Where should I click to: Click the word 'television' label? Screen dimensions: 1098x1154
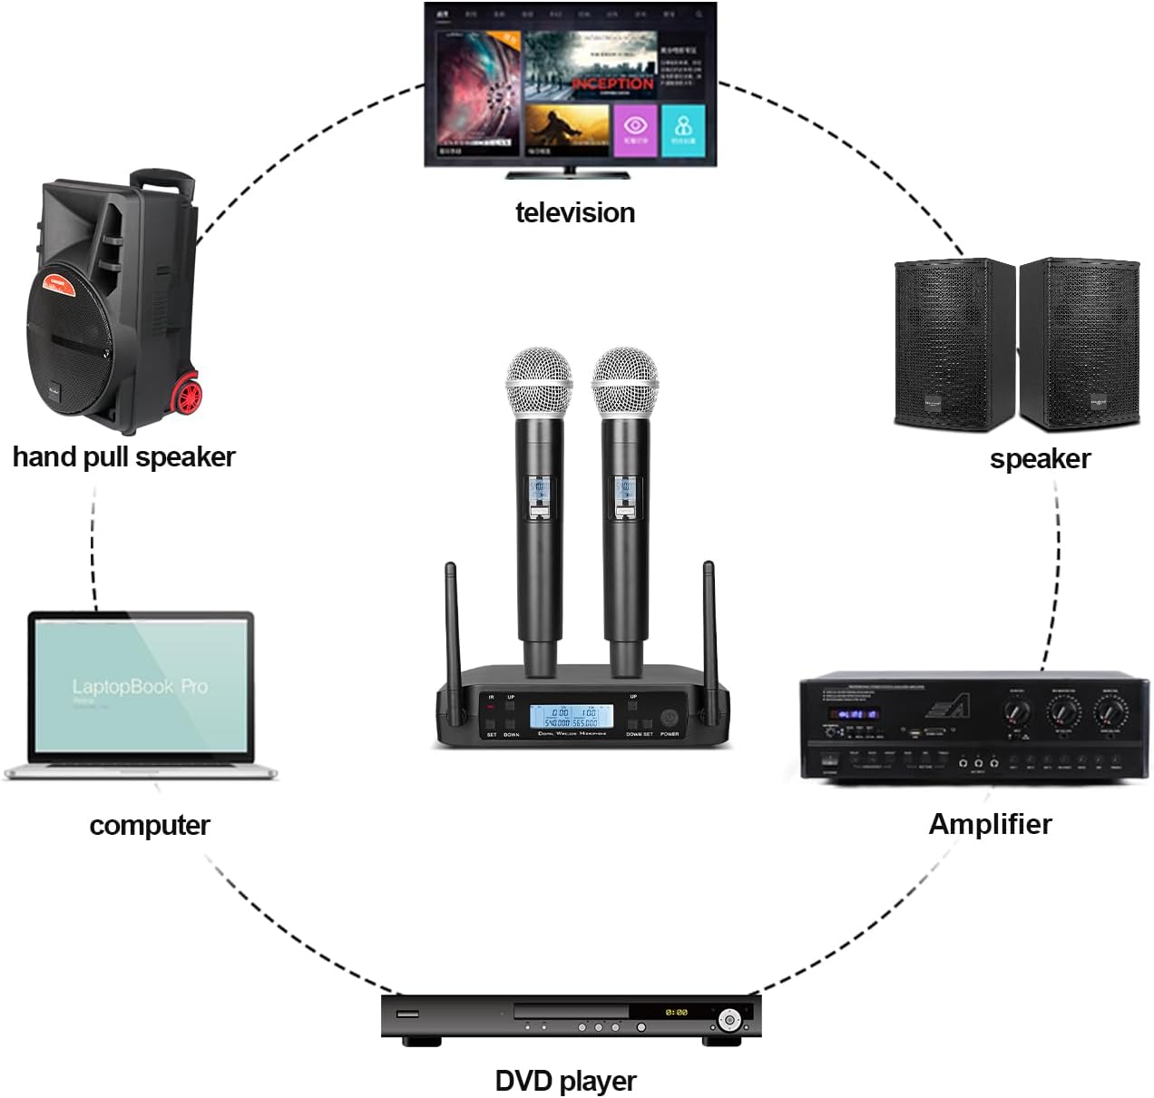coord(574,212)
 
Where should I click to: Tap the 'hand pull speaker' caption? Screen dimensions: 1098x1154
coord(123,456)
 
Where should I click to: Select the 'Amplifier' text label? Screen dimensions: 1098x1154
coord(990,824)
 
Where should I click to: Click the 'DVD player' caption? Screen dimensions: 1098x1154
coord(565,1081)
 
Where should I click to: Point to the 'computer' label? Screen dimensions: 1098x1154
coord(150,825)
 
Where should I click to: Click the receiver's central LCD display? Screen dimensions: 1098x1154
coord(571,716)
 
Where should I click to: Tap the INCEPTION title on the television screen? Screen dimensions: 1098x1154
coord(613,83)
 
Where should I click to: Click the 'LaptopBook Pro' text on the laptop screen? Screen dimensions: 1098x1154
coord(140,687)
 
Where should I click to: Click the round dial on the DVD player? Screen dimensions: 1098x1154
coord(729,1020)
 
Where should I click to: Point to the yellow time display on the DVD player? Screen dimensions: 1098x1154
coord(676,1012)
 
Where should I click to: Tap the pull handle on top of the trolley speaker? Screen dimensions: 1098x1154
coord(163,181)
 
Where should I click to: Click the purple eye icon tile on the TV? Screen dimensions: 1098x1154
coord(635,129)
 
